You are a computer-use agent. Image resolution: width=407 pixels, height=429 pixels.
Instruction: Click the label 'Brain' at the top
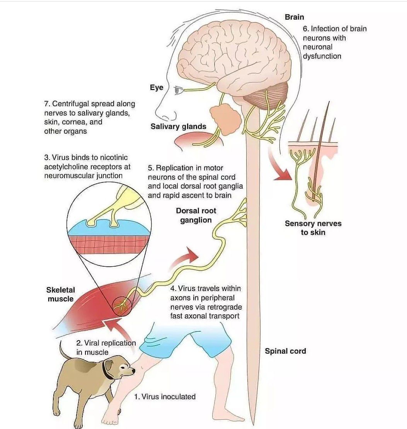[x=294, y=17]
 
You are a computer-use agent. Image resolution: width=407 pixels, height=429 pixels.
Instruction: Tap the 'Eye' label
[x=157, y=88]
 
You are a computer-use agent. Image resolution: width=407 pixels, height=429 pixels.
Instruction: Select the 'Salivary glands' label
[x=178, y=126]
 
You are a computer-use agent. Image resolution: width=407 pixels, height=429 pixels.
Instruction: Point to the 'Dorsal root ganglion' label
[x=196, y=215]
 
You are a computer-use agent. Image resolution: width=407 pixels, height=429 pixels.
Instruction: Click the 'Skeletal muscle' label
[x=60, y=294]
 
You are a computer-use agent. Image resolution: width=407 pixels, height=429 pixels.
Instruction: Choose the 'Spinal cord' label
[x=285, y=351]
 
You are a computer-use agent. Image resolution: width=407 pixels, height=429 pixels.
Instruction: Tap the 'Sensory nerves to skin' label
[x=313, y=228]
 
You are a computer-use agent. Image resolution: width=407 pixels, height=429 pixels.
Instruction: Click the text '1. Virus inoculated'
[x=165, y=397]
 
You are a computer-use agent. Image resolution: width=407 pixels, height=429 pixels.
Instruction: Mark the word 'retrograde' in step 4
[x=225, y=307]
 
